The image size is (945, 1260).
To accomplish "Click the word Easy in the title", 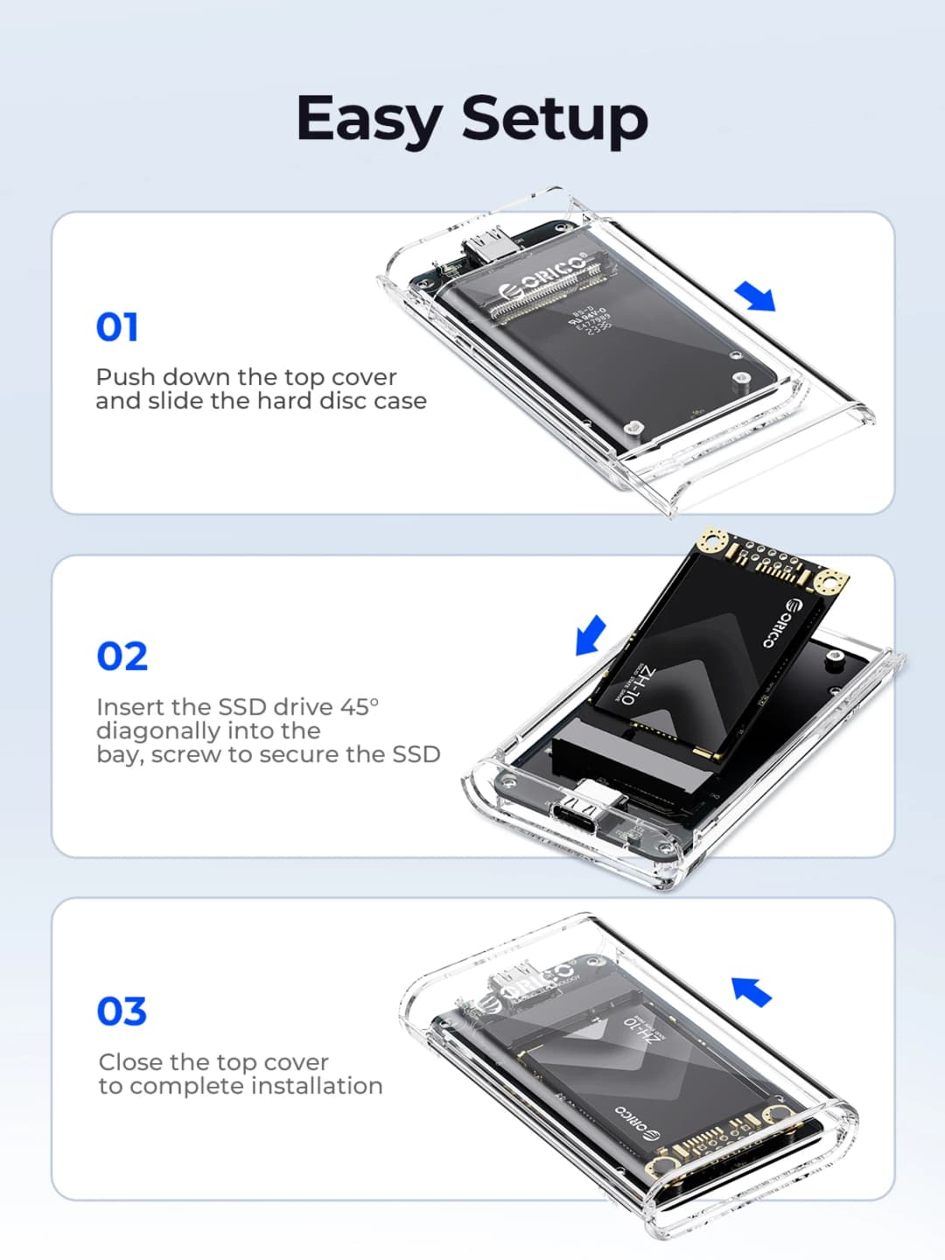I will [x=369, y=120].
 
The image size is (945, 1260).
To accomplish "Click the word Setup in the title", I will [x=555, y=120].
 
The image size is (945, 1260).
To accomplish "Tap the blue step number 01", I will [x=117, y=327].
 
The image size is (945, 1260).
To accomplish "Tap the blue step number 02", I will [x=122, y=656].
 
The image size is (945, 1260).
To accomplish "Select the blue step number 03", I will [x=122, y=1011].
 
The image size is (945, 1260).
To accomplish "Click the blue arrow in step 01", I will [x=755, y=297].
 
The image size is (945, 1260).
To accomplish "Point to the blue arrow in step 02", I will [x=591, y=634].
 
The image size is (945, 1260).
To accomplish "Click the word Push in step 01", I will [x=126, y=377].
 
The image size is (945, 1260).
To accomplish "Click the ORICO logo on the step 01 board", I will [x=542, y=276].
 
